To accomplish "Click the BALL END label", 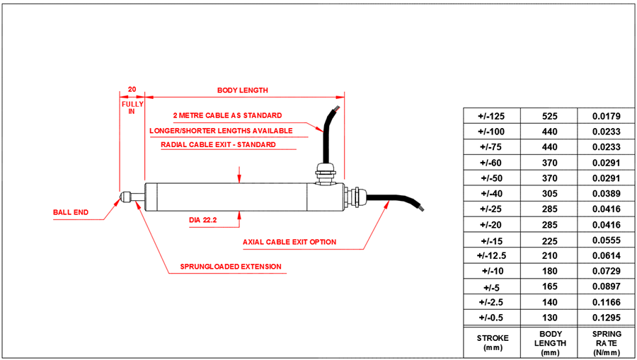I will (x=71, y=212).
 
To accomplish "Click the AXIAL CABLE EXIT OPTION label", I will (x=289, y=242).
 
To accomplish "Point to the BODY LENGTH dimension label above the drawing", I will (x=242, y=91).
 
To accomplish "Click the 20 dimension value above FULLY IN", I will (x=132, y=90).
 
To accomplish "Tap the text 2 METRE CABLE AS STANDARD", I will (x=227, y=115).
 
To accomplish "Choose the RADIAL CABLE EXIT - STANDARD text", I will (x=218, y=145).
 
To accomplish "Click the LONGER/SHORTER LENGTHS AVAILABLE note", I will (x=221, y=130).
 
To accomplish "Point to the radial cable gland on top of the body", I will (x=324, y=170).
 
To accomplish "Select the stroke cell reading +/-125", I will (x=491, y=116).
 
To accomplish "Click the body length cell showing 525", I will (x=549, y=116).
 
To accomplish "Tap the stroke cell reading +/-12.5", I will (x=491, y=255).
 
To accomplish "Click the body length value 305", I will (x=549, y=193).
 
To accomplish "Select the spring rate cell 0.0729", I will (x=606, y=271).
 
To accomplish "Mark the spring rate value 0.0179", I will (x=606, y=116).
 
